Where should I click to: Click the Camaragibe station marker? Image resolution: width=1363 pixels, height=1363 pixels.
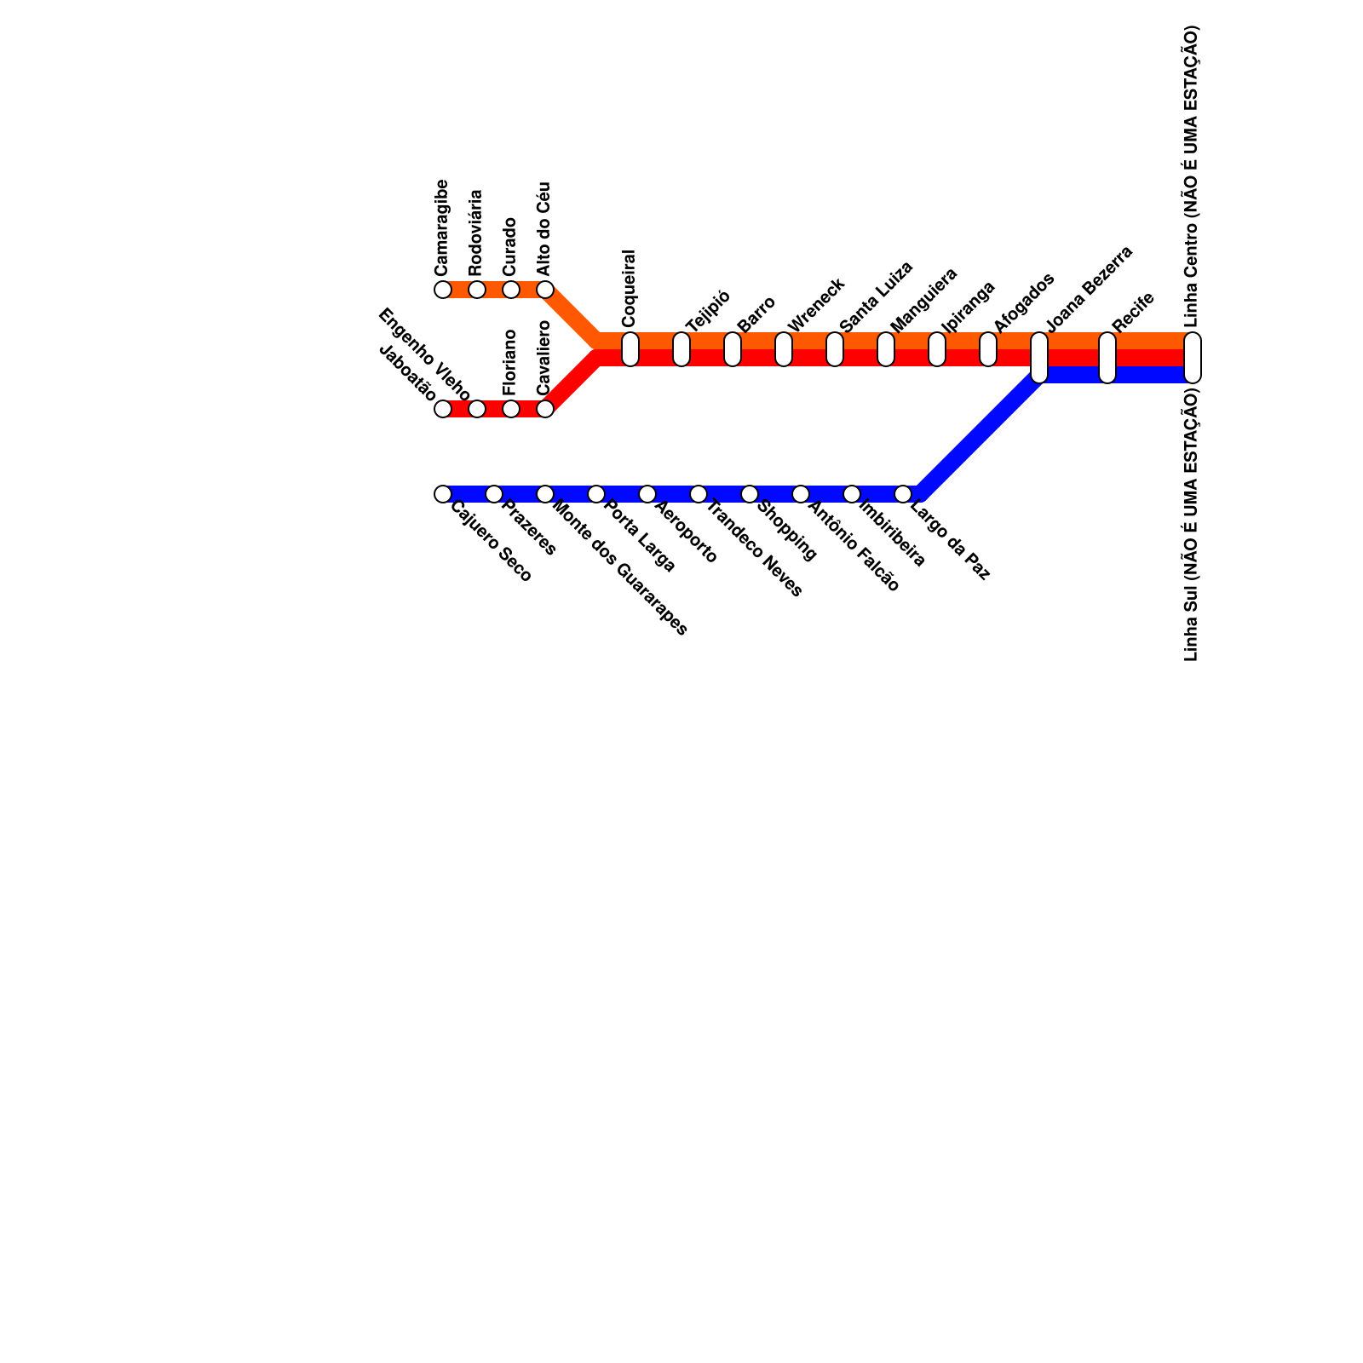coord(443,290)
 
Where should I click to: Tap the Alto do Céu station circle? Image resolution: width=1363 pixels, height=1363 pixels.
coord(545,290)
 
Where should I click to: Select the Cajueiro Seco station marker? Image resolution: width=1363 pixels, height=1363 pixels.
coord(443,494)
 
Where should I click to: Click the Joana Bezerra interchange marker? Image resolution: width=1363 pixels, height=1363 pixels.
coord(1039,358)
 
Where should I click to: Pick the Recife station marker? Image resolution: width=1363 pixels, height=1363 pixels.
coord(1107,358)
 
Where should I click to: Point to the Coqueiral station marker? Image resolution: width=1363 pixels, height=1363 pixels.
coord(630,349)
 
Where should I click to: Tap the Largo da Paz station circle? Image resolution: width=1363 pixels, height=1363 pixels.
coord(903,494)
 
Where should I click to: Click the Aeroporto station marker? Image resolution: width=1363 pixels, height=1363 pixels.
coord(647,494)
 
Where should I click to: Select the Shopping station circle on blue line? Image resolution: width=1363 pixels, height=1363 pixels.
coord(750,494)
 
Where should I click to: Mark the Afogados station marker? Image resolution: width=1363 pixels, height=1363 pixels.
coord(988,349)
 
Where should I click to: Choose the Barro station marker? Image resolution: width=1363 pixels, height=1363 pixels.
coord(733,349)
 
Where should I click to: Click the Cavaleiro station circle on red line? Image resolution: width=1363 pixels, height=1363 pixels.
coord(545,409)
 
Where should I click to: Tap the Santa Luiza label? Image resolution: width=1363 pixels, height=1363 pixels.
coord(876,296)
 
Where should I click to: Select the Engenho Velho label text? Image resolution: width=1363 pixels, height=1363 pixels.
coord(423,354)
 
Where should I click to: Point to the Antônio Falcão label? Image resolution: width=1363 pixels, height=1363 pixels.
coord(854,547)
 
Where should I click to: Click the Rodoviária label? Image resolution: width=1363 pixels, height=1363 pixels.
coord(476,233)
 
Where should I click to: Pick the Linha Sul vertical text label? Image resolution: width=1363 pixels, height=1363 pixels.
coord(1192,524)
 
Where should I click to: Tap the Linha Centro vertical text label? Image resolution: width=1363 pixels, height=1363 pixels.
coord(1192,176)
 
